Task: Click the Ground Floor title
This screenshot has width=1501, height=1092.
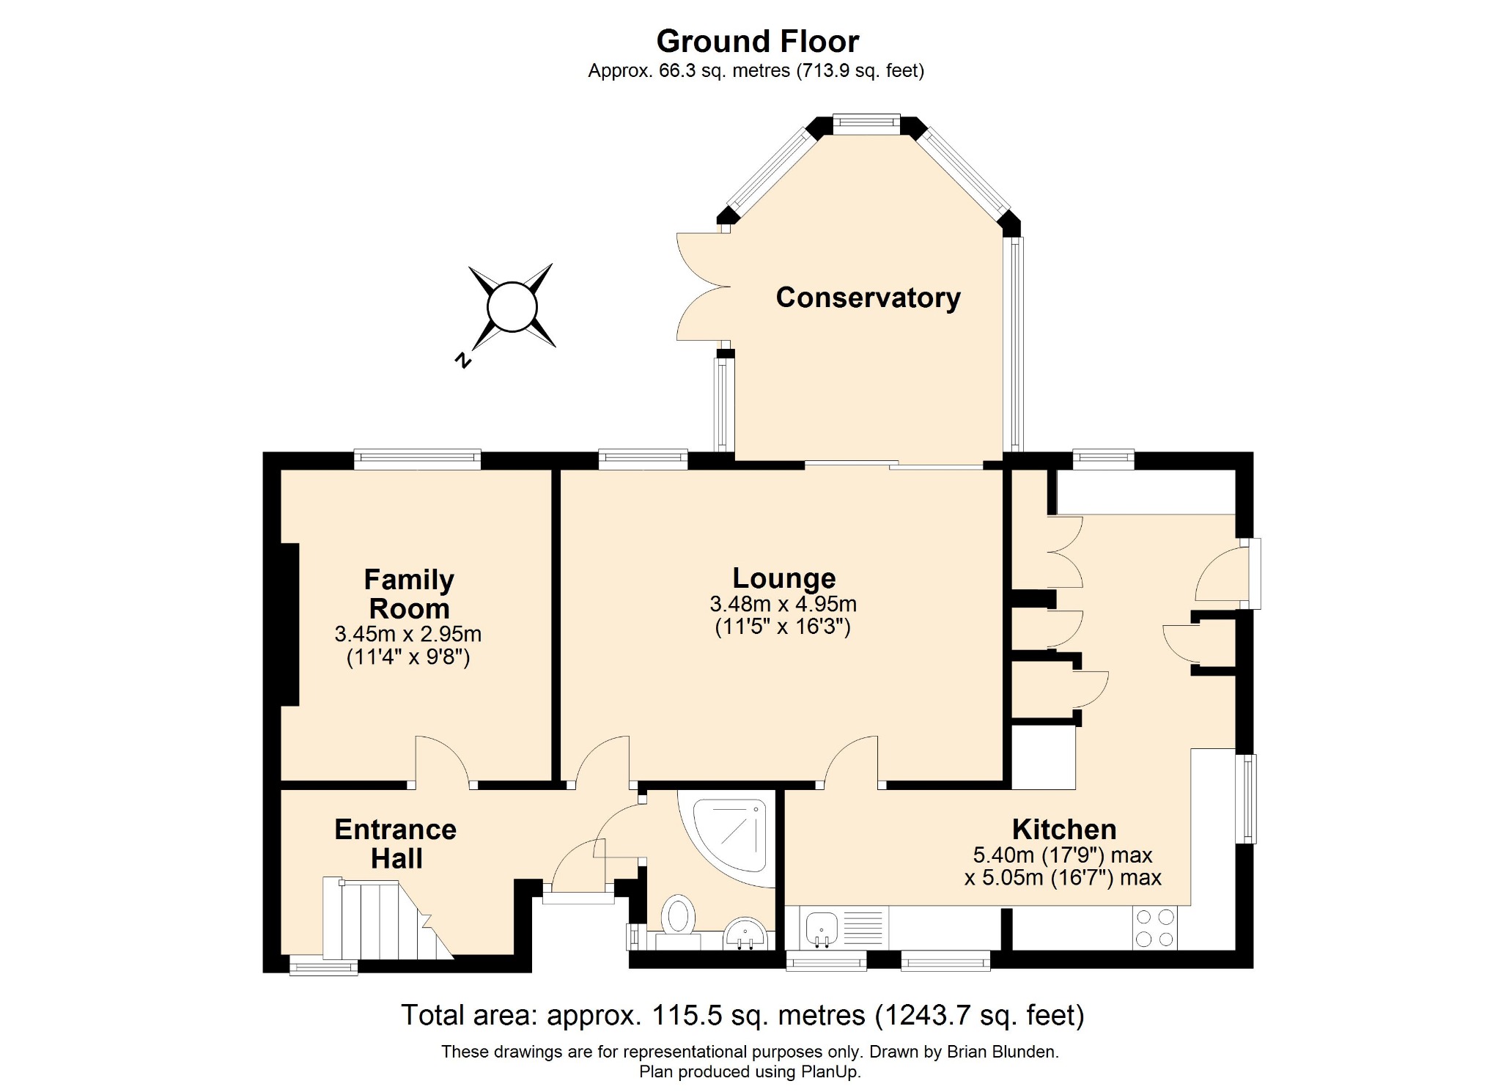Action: coord(757,42)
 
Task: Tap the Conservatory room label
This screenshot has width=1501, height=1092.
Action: coord(868,298)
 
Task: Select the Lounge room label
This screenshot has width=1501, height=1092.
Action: coord(784,578)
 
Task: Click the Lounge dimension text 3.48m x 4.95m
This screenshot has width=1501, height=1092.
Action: coord(783,604)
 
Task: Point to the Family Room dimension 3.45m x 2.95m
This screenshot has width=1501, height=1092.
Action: coord(407,634)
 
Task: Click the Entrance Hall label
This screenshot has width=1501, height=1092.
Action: coord(396,844)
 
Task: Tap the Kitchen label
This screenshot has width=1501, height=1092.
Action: coord(1064,830)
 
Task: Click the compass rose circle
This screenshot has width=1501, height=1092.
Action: coord(512,306)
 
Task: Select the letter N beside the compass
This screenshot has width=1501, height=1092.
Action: coord(462,360)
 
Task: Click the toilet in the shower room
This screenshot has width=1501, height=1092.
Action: coord(678,915)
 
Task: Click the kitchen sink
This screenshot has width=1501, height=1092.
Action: coord(822,928)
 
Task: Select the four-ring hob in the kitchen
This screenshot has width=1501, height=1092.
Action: coord(1155,928)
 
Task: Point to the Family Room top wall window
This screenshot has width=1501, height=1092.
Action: coord(417,460)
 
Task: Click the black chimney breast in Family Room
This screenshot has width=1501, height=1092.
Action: coord(290,624)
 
